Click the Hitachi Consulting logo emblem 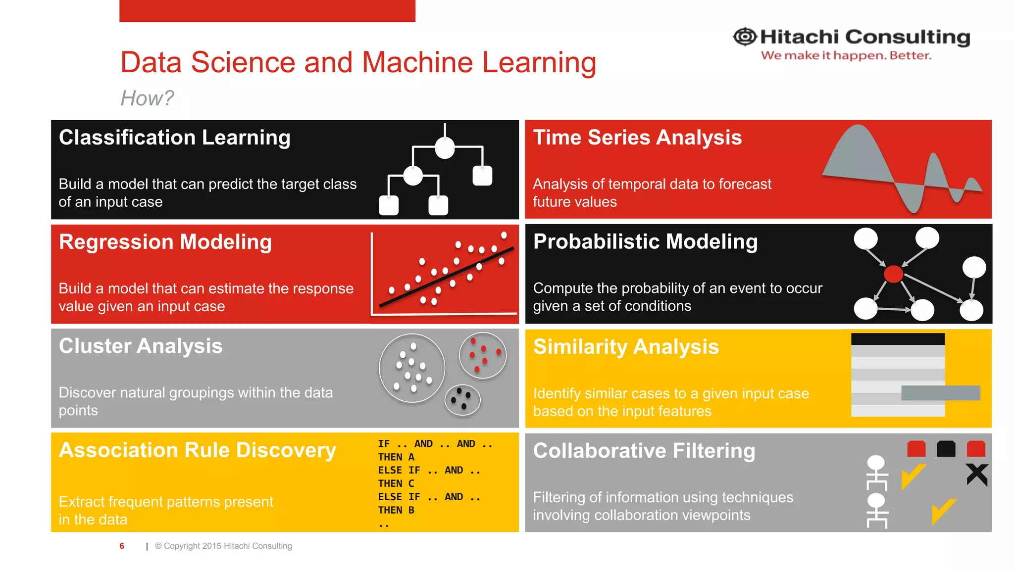(x=745, y=37)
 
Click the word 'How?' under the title (x=147, y=98)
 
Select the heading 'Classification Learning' (x=174, y=138)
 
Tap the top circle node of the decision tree (x=445, y=148)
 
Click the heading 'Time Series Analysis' (x=637, y=138)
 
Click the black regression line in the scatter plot (x=446, y=277)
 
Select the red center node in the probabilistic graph (x=893, y=274)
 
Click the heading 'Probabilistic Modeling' (x=645, y=242)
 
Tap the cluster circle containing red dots (x=483, y=355)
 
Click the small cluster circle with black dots (x=462, y=400)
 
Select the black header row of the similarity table (x=898, y=339)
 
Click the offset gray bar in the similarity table (x=940, y=393)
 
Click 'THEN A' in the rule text (x=396, y=457)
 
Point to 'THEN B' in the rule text (x=396, y=510)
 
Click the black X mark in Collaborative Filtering (x=976, y=475)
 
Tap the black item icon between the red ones (x=946, y=449)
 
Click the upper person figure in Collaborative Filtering (x=876, y=473)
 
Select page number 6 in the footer (x=122, y=546)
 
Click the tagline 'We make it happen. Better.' (x=846, y=55)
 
